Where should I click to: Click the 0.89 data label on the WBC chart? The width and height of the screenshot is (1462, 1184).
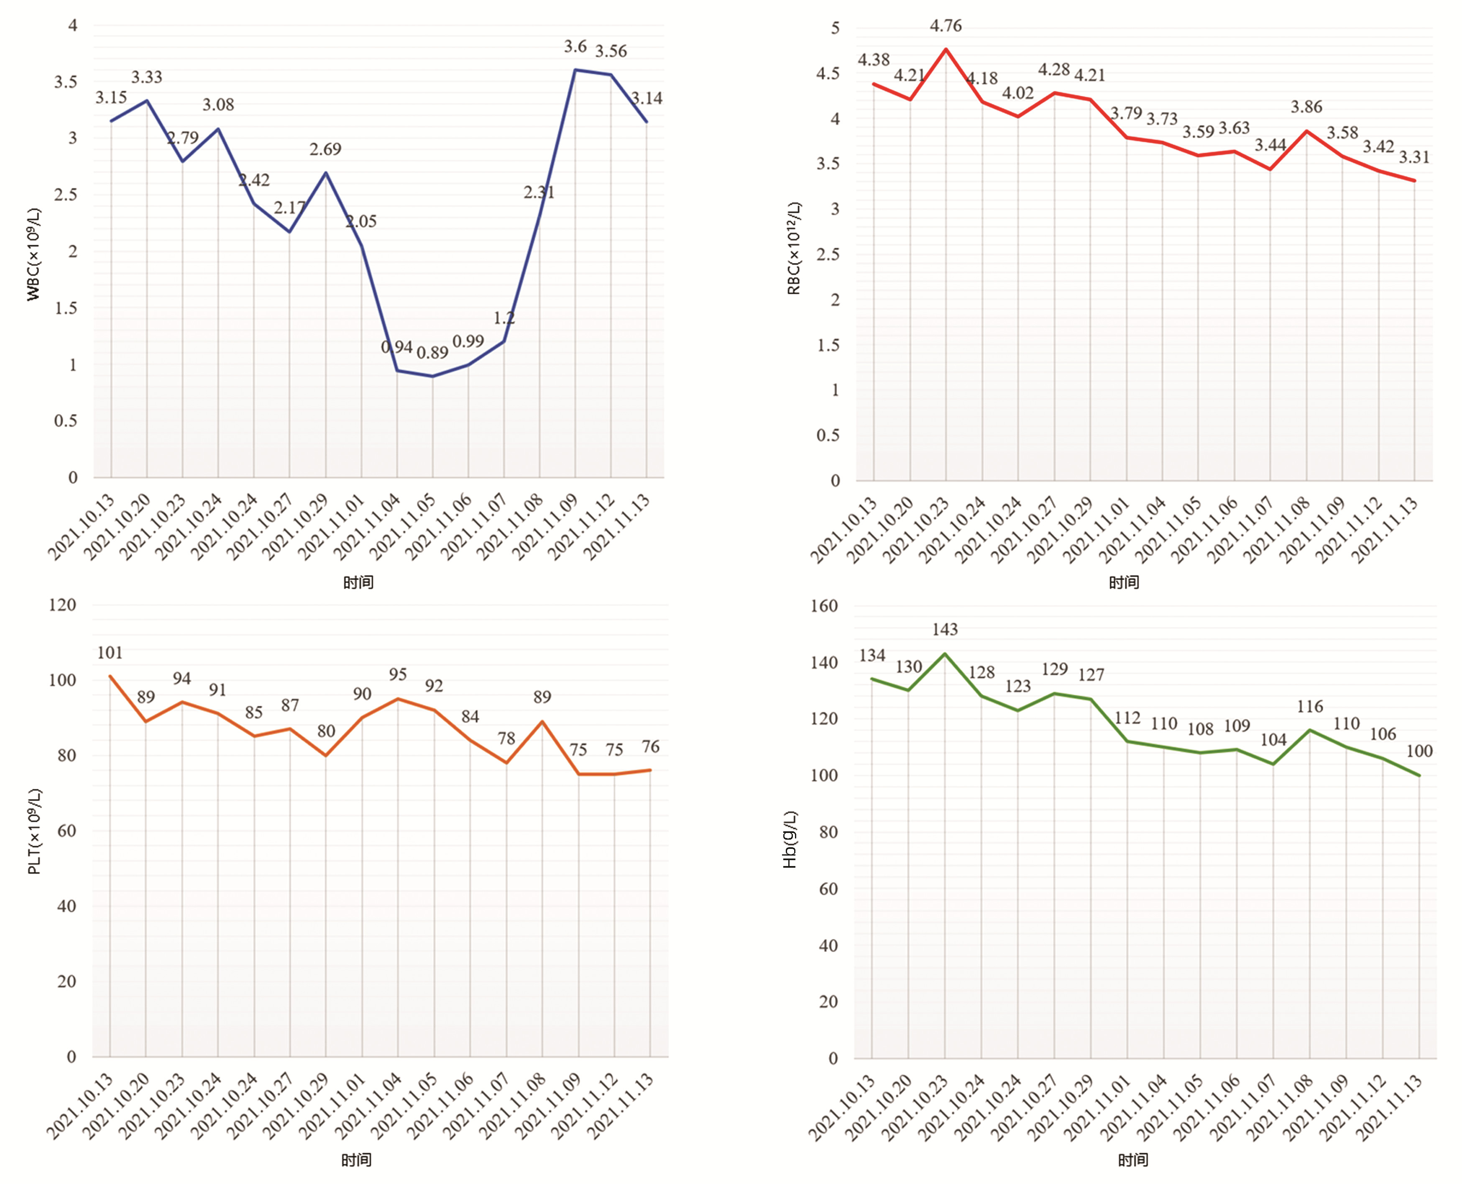tap(432, 353)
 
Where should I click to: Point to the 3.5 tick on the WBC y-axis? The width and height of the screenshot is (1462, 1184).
tap(65, 82)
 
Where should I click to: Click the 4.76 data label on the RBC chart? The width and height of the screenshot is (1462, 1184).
tap(946, 26)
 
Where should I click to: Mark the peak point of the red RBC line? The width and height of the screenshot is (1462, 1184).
tap(946, 49)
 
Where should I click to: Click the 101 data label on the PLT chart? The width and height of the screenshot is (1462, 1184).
tap(110, 653)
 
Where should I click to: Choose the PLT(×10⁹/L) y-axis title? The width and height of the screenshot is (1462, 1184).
tap(34, 831)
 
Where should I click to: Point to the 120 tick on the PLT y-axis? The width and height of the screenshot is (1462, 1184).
tap(62, 605)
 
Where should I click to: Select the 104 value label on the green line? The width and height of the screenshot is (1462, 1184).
tap(1273, 739)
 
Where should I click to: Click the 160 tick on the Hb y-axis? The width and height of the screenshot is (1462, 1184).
tap(823, 606)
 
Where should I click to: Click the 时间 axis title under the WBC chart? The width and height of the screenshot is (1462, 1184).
tap(358, 582)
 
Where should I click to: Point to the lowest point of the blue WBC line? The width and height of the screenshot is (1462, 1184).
tap(432, 376)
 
